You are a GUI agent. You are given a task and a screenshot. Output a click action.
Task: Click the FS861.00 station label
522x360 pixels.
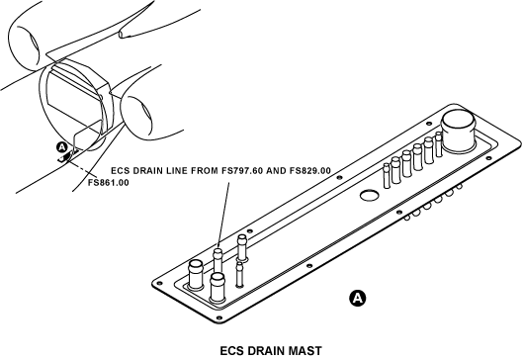(108, 183)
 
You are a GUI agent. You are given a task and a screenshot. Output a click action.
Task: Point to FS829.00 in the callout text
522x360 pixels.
(310, 170)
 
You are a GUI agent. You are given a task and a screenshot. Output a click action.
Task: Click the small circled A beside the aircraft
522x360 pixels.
(62, 146)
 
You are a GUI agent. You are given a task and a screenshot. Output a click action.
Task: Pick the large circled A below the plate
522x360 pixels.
(357, 298)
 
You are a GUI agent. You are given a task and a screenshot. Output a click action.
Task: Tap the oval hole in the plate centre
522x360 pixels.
(369, 195)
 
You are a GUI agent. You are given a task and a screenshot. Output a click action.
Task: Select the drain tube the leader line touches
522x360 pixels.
(217, 261)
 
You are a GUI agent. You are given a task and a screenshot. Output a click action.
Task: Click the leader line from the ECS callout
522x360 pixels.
(223, 215)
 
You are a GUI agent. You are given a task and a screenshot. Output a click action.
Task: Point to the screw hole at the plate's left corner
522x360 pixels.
(160, 283)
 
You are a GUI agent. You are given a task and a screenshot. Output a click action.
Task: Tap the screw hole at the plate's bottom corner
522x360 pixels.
(218, 317)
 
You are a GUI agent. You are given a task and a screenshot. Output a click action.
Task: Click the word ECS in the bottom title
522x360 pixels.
(232, 351)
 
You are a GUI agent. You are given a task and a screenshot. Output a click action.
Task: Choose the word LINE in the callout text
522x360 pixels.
(177, 170)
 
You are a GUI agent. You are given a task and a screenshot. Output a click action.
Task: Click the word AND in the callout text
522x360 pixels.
(276, 170)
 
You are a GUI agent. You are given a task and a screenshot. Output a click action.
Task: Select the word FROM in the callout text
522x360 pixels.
(205, 170)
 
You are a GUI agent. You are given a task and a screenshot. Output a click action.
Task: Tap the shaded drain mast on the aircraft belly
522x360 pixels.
(67, 156)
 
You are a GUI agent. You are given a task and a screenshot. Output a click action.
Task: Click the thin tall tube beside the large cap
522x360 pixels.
(439, 143)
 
